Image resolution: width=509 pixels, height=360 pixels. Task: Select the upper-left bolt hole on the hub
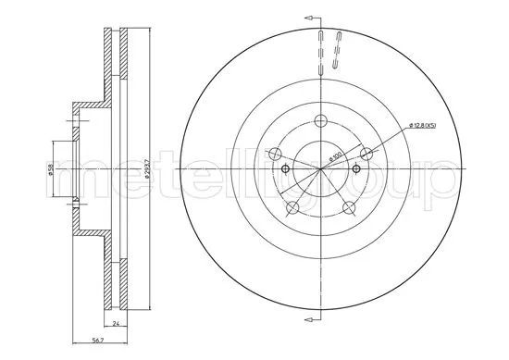tap(275, 154)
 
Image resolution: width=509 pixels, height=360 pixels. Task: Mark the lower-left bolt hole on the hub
tap(292, 206)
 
